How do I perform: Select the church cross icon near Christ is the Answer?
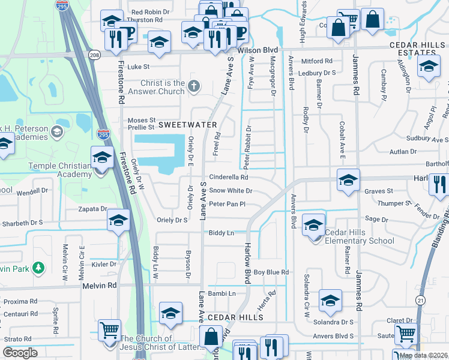click(x=193, y=86)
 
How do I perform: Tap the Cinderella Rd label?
click(x=228, y=178)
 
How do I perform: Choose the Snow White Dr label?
click(x=230, y=191)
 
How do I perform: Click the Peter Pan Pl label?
click(x=227, y=205)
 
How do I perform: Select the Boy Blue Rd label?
click(x=271, y=272)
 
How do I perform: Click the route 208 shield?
click(x=94, y=55)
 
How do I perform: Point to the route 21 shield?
click(x=420, y=299)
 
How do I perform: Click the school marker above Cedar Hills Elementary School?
click(x=313, y=226)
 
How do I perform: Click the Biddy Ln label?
click(x=221, y=232)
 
